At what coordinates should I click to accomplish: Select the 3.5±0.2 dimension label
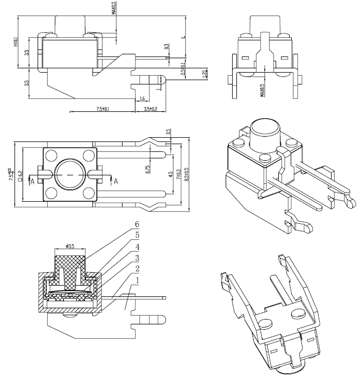(x=150, y=109)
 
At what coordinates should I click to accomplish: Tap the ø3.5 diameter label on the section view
(x=70, y=246)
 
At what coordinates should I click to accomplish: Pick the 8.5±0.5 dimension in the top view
(x=186, y=172)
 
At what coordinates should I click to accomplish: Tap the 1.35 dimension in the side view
(x=204, y=74)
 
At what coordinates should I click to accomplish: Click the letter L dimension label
(x=183, y=37)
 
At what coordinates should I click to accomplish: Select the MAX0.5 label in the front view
(x=262, y=89)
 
